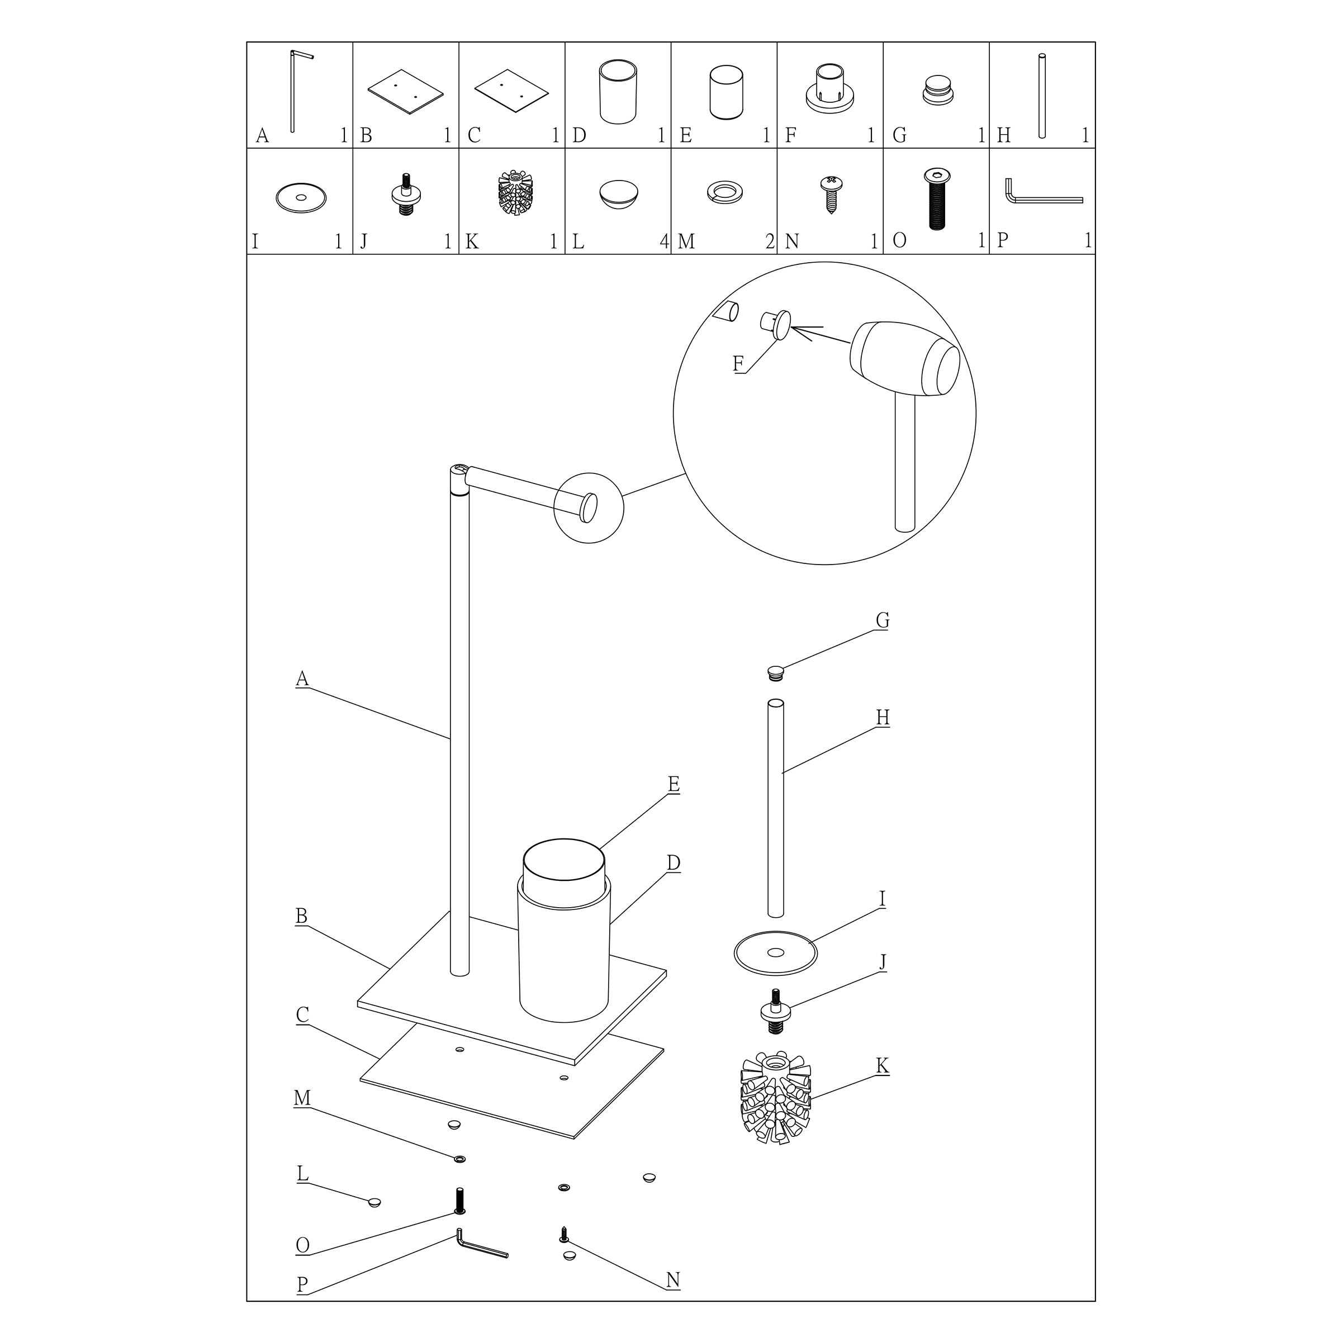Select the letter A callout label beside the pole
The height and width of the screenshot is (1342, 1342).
pyautogui.click(x=301, y=678)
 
